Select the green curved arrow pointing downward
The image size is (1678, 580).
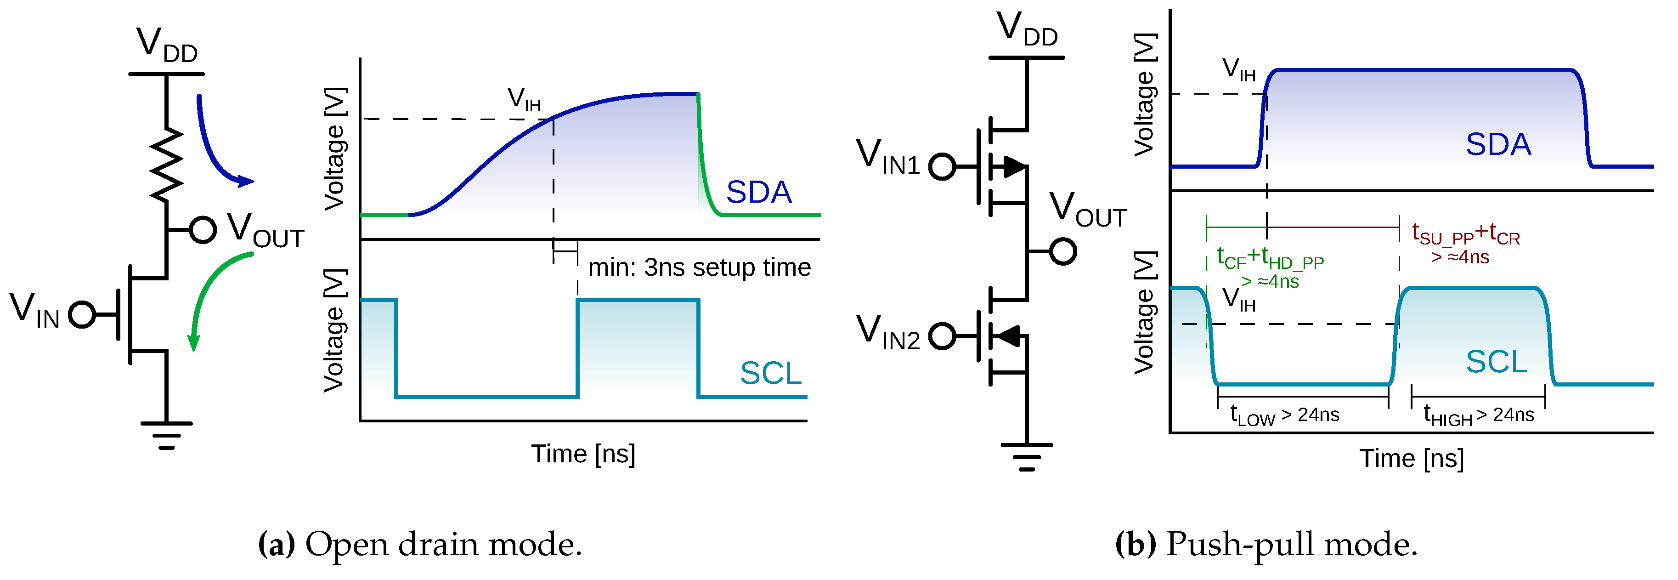click(209, 293)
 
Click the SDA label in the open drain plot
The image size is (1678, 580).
click(758, 192)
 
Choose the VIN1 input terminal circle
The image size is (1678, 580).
click(942, 166)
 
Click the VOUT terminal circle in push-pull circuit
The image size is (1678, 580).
click(1063, 251)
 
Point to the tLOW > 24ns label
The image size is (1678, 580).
click(1284, 415)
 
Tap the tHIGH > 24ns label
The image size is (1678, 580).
click(1479, 415)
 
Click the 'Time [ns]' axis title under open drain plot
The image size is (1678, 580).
click(583, 454)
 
